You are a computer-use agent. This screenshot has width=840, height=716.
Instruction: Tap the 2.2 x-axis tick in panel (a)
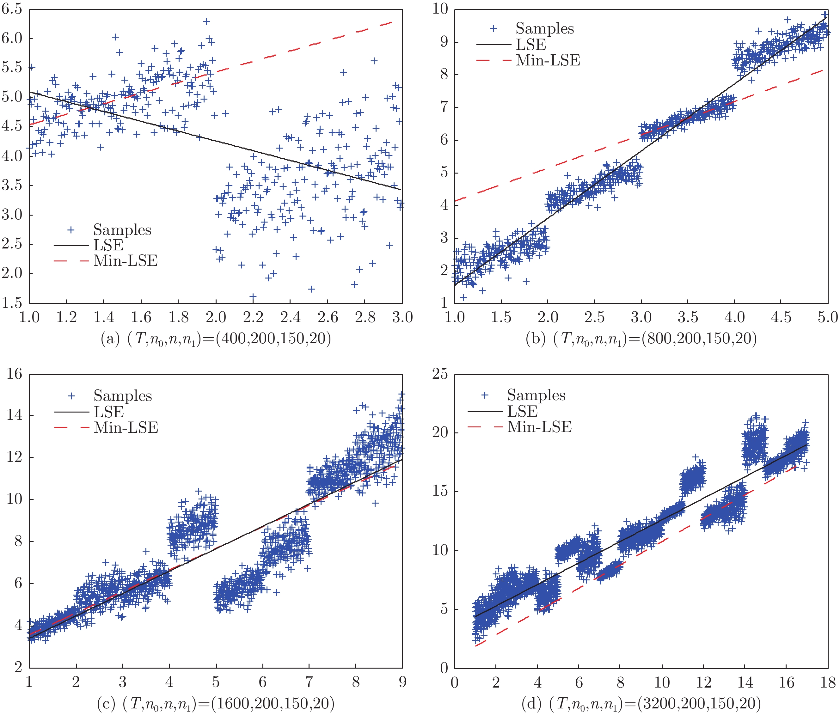tap(253, 317)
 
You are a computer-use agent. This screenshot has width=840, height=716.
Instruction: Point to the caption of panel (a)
tap(216, 339)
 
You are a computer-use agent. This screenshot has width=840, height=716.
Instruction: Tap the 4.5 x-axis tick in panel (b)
tap(781, 317)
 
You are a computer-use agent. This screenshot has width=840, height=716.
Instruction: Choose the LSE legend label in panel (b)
tap(531, 45)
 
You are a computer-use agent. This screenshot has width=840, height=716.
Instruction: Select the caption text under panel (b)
tap(641, 339)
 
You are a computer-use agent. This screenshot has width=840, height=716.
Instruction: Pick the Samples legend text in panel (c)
tap(122, 396)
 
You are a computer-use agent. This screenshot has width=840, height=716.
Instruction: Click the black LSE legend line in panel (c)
tap(71, 412)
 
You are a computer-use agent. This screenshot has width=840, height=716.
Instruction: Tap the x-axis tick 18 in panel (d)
tap(827, 682)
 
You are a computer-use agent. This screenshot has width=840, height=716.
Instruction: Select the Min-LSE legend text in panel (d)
tap(539, 427)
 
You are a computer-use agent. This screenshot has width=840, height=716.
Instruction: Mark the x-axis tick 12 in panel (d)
tap(703, 682)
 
